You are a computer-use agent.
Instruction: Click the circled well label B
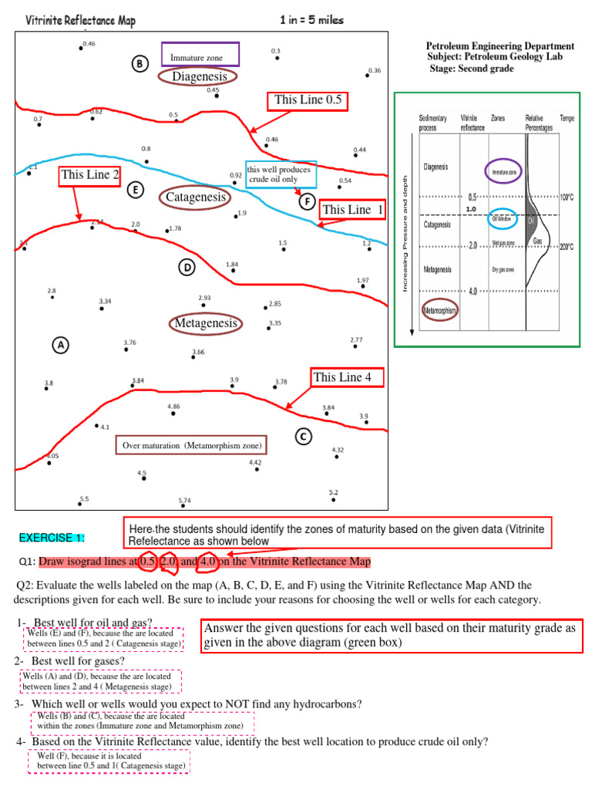click(140, 64)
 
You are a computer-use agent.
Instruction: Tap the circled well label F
click(308, 201)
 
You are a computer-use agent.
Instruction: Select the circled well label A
click(60, 345)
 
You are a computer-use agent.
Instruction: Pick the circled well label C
click(303, 437)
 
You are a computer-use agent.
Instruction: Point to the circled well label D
click(186, 268)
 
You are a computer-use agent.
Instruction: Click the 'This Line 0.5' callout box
click(308, 100)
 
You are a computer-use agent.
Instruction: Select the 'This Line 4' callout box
click(347, 377)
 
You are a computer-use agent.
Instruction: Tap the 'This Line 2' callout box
click(90, 175)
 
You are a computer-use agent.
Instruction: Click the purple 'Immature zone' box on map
click(200, 55)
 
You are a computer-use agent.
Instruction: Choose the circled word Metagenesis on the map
click(206, 323)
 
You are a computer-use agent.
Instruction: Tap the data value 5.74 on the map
click(184, 501)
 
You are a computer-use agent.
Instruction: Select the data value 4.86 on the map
click(173, 406)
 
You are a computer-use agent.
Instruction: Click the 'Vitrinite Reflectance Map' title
click(81, 21)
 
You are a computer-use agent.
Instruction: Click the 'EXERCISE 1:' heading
click(52, 538)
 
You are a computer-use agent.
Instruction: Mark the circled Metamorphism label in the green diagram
click(439, 311)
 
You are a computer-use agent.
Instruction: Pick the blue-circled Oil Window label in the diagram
click(503, 218)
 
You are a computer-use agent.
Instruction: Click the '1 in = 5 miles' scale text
click(312, 20)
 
